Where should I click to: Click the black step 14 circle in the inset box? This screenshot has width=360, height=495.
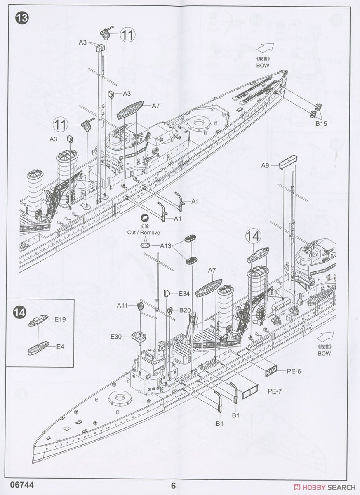point(19,313)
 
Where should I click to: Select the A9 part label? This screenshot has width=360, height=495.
point(265,165)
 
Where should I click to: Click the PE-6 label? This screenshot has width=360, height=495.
point(293,371)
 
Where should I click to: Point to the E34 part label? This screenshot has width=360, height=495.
point(184,294)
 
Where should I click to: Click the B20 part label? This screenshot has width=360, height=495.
point(184,310)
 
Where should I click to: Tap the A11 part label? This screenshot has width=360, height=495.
point(122,306)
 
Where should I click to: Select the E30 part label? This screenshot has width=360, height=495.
point(116,337)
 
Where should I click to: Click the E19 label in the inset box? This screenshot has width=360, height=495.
point(60,319)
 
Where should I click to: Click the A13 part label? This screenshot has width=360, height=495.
point(165,245)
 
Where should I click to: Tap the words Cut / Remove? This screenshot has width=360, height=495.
point(143,232)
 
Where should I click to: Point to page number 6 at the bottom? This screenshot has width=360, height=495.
point(174,486)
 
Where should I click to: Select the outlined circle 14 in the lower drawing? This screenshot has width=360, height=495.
point(254,236)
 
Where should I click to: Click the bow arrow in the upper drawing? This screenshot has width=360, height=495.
point(267,48)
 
